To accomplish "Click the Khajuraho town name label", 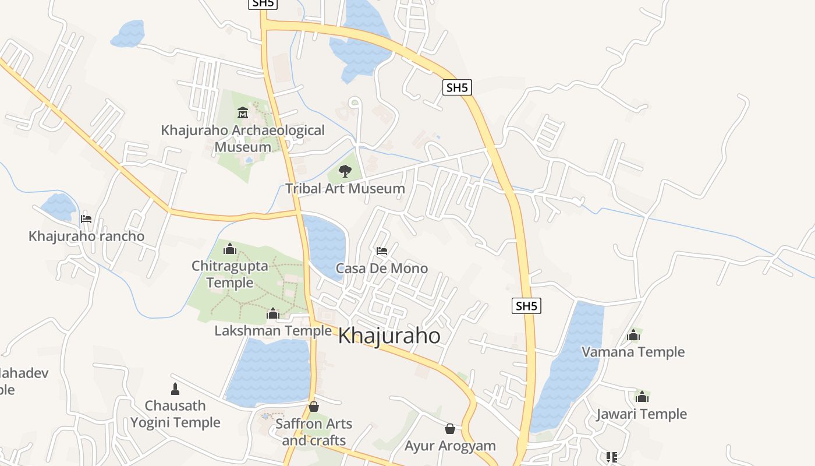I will pyautogui.click(x=389, y=336).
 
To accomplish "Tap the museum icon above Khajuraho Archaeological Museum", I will pyautogui.click(x=243, y=112).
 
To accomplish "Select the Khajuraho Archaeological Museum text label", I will pyautogui.click(x=243, y=139).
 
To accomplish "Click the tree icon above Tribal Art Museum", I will pyautogui.click(x=345, y=171).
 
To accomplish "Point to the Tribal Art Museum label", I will pyautogui.click(x=345, y=189).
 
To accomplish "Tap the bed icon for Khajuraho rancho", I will pyautogui.click(x=86, y=219).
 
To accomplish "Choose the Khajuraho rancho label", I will pyautogui.click(x=86, y=236).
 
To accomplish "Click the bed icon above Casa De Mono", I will pyautogui.click(x=382, y=251).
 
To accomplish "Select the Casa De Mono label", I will pyautogui.click(x=382, y=269).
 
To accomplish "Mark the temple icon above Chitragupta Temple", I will pyautogui.click(x=230, y=249).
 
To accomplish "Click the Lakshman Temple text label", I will pyautogui.click(x=273, y=331).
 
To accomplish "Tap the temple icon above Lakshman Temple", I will pyautogui.click(x=273, y=313).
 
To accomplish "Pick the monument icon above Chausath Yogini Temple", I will pyautogui.click(x=175, y=388).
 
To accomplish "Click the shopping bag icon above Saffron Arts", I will pyautogui.click(x=314, y=406).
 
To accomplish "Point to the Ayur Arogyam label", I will pyautogui.click(x=450, y=446).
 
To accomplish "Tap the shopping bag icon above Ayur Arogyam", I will pyautogui.click(x=450, y=429).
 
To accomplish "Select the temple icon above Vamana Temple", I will pyautogui.click(x=633, y=335).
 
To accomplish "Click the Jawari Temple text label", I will pyautogui.click(x=642, y=414).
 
